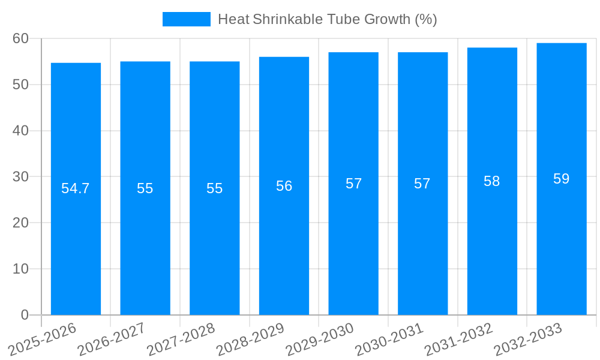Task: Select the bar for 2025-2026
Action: [x=76, y=240]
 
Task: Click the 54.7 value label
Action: [x=76, y=188]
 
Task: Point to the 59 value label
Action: [x=562, y=179]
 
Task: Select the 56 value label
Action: [x=284, y=186]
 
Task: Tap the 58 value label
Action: [x=492, y=181]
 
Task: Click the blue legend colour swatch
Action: [x=187, y=19]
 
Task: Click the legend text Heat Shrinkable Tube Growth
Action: [x=327, y=19]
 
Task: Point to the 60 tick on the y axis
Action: [x=21, y=38]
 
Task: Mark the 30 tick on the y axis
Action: [x=21, y=176]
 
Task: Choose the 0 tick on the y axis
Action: [x=25, y=315]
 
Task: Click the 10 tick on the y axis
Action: [x=21, y=269]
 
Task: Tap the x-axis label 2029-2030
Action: [x=320, y=338]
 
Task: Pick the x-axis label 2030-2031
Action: [x=389, y=338]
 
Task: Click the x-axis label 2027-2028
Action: [x=181, y=338]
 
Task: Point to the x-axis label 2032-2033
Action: [x=528, y=338]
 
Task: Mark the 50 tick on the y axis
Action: [x=21, y=85]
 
